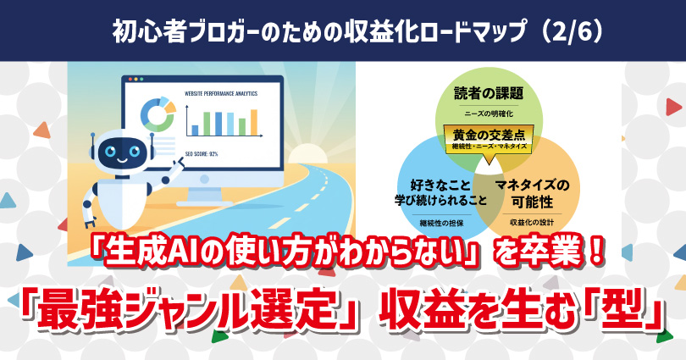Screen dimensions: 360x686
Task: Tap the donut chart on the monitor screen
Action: coord(156,114)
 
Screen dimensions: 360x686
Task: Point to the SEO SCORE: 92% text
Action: coord(202,153)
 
